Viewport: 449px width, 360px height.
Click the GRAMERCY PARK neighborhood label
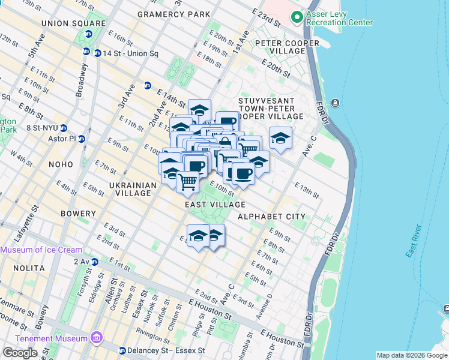click(173, 14)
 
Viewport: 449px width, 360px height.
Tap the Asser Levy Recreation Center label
click(339, 18)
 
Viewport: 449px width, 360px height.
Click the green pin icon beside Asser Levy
click(296, 18)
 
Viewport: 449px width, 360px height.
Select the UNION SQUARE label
click(65, 23)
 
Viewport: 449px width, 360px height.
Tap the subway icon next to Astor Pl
click(82, 139)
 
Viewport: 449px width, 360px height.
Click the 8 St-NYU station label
click(40, 127)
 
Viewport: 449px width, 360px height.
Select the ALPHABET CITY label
click(271, 217)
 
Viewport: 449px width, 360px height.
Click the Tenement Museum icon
click(96, 340)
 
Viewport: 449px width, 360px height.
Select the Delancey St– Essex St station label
click(167, 350)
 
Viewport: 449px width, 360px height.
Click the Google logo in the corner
click(20, 353)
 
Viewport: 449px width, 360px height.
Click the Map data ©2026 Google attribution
click(412, 355)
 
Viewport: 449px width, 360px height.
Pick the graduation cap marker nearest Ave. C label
click(280, 139)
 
